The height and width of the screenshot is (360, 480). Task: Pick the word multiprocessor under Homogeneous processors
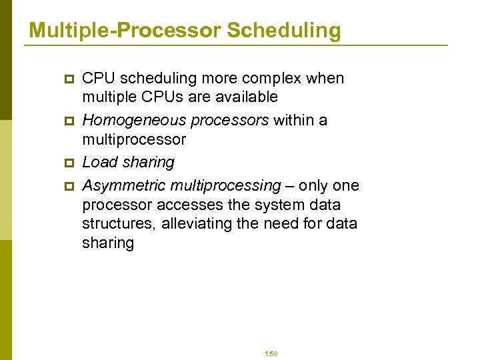(133, 139)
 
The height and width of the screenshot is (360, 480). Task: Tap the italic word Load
(98, 163)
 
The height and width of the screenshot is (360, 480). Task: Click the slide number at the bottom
(271, 354)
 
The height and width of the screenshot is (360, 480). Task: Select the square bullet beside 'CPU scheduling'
(67, 79)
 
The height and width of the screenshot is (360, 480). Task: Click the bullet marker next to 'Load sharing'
(67, 163)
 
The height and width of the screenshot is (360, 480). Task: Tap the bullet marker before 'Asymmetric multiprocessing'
(67, 186)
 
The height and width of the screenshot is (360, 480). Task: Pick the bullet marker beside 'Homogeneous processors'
(67, 121)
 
